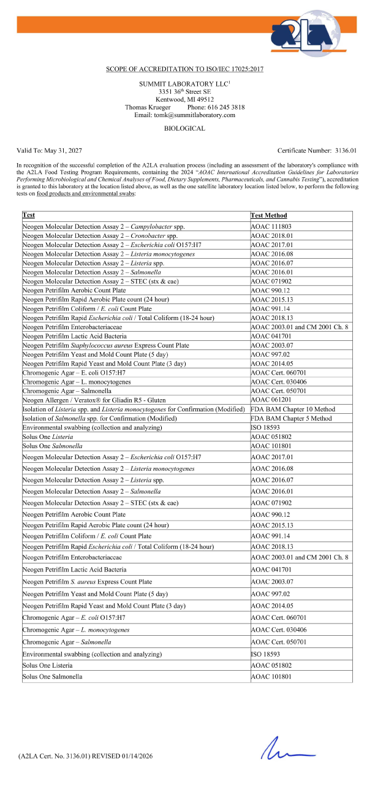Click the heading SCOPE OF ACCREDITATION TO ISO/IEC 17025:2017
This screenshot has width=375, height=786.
tap(185, 69)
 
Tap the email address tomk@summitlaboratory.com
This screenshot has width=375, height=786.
tap(185, 115)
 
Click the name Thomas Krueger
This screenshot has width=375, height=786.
tap(146, 107)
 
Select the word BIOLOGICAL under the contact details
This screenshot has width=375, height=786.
tap(185, 129)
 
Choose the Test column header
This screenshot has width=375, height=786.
tap(29, 215)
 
